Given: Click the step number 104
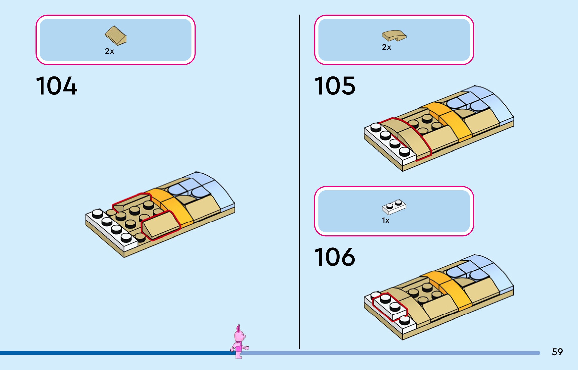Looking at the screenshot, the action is pyautogui.click(x=56, y=86).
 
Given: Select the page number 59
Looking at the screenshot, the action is pyautogui.click(x=557, y=352).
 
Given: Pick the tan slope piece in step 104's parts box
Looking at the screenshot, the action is pyautogui.click(x=115, y=36).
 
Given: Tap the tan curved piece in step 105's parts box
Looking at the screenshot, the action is pyautogui.click(x=394, y=36).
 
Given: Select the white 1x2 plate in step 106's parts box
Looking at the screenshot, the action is pyautogui.click(x=394, y=207).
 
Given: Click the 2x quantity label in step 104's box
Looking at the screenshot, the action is pyautogui.click(x=109, y=51).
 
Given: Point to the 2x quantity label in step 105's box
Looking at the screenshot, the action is pyautogui.click(x=387, y=47).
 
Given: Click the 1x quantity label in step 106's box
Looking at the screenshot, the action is pyautogui.click(x=386, y=220).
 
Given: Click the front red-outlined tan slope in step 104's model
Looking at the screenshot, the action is pyautogui.click(x=161, y=224).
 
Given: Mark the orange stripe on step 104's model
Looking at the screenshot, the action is pyautogui.click(x=176, y=208).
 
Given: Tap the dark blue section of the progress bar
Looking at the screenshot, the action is pyautogui.click(x=113, y=353).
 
